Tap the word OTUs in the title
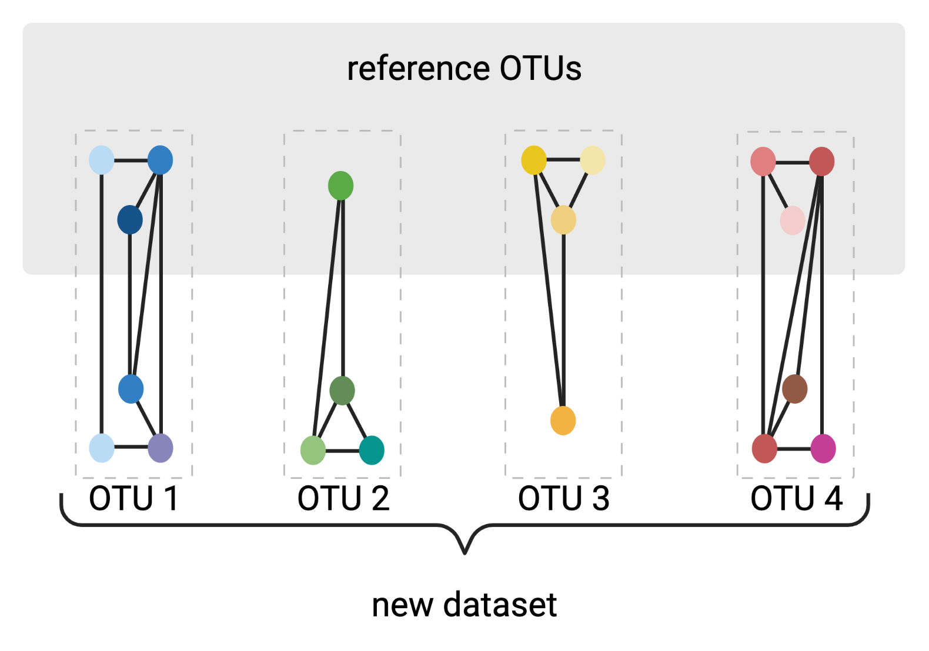click(x=540, y=69)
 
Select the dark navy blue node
click(x=130, y=220)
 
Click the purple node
click(x=161, y=448)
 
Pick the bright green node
click(x=340, y=186)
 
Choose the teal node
click(x=372, y=451)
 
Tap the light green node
click(x=313, y=451)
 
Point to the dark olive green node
click(x=342, y=391)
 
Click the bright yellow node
click(x=534, y=160)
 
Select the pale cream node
click(x=593, y=160)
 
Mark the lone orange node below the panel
click(x=563, y=421)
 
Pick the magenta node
click(x=823, y=449)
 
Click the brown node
click(x=794, y=389)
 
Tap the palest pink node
click(x=792, y=220)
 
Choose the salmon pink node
click(x=763, y=162)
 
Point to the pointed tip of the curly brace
click(x=464, y=552)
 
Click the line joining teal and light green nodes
click(x=342, y=451)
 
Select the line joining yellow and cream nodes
click(x=563, y=159)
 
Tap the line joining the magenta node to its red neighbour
click(x=794, y=449)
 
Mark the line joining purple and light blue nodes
click(x=131, y=448)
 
